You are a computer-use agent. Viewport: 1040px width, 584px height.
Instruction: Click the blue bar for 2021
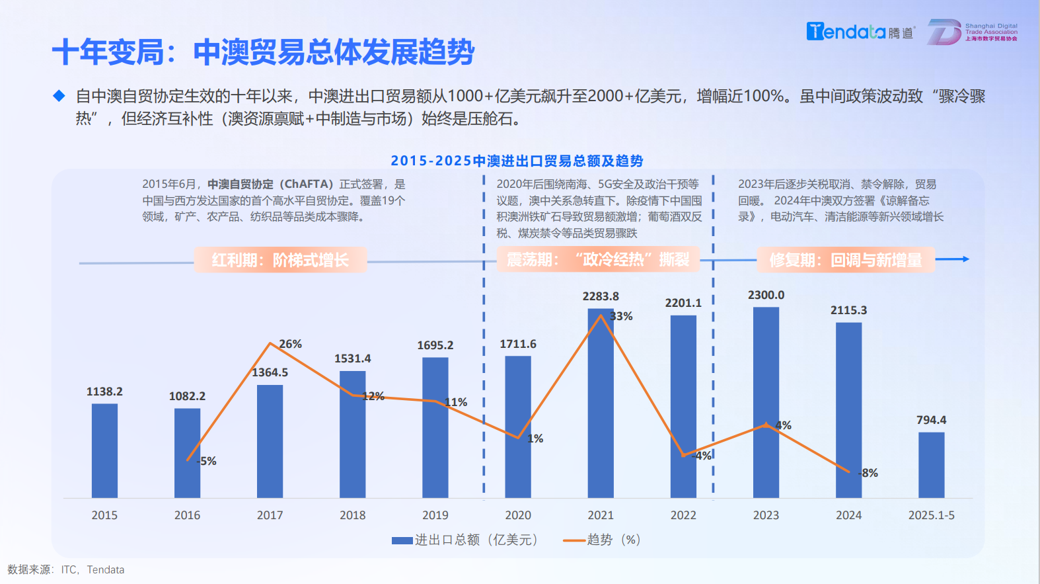tap(601, 403)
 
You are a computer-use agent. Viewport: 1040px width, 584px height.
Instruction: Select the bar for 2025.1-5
tap(931, 465)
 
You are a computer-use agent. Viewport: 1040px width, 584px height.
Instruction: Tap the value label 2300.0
tap(766, 295)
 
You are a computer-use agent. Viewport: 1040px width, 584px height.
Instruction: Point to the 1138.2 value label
tap(104, 392)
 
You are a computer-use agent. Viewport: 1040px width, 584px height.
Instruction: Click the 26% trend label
tap(290, 344)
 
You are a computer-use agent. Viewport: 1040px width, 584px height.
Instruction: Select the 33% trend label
tap(621, 316)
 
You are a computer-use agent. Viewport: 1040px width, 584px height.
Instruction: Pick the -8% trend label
tap(868, 473)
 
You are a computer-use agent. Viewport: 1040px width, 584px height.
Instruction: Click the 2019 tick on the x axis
tap(435, 515)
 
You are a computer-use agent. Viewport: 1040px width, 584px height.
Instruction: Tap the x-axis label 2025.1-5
tap(931, 515)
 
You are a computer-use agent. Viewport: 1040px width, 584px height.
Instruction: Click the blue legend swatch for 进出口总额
tap(402, 540)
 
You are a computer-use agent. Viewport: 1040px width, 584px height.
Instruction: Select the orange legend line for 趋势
tap(574, 540)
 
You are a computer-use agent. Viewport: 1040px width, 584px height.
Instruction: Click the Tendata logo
tap(859, 32)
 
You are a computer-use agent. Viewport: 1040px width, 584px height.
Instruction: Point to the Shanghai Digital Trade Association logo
tap(972, 32)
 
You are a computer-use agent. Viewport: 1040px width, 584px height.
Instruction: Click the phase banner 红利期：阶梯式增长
tap(280, 260)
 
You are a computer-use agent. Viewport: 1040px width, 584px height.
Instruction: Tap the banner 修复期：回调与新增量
tap(846, 260)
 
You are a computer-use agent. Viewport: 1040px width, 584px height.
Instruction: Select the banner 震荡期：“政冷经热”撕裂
tap(598, 259)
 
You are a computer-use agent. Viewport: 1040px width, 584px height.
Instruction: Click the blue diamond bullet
tap(59, 96)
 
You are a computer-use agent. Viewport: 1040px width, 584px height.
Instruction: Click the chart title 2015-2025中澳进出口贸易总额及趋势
tap(517, 161)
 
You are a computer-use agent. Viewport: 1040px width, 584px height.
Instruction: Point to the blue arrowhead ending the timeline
tap(966, 259)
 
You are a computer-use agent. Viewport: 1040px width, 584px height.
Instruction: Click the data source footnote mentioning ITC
tap(66, 569)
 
